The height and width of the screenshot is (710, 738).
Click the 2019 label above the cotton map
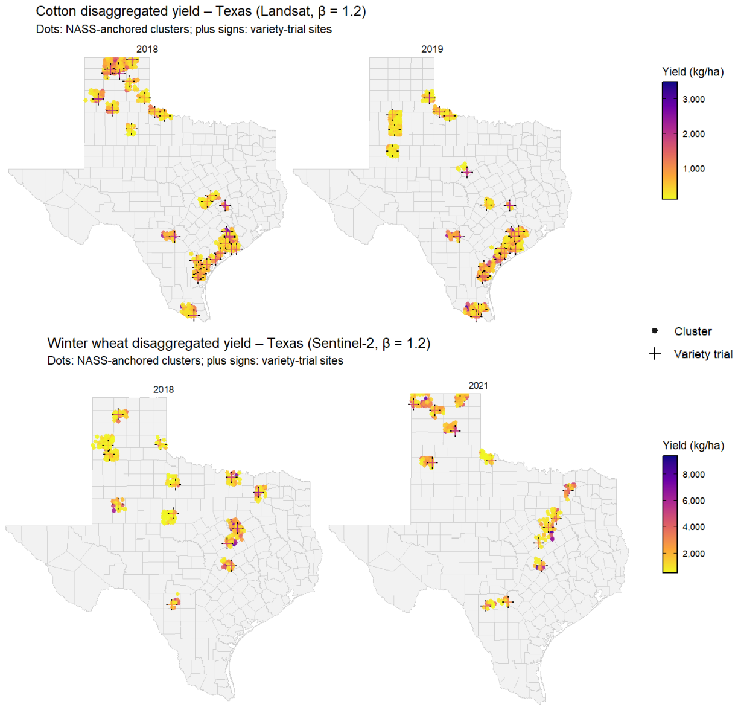tap(432, 49)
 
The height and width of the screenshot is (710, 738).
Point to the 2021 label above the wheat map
tap(478, 386)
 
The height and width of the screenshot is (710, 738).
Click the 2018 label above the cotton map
tap(147, 49)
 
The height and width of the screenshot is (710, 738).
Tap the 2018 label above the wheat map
tap(164, 389)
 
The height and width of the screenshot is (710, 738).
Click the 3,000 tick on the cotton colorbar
tap(693, 100)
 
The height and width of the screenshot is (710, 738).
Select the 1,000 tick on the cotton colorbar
tap(693, 169)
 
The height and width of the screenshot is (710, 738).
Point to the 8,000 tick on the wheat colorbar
tap(693, 475)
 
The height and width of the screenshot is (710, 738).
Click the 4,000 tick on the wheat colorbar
tap(693, 527)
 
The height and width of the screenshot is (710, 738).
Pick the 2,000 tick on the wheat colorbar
tap(693, 554)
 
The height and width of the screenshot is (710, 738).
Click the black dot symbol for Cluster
tap(655, 331)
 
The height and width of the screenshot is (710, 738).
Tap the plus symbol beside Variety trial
tap(655, 354)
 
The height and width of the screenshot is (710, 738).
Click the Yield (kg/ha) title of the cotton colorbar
tap(693, 72)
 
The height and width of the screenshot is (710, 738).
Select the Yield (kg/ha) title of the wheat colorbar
tap(693, 445)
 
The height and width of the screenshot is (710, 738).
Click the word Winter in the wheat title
tap(67, 343)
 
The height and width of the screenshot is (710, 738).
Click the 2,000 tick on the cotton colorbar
tap(693, 134)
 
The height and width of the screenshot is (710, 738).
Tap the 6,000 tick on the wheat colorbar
tap(693, 501)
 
